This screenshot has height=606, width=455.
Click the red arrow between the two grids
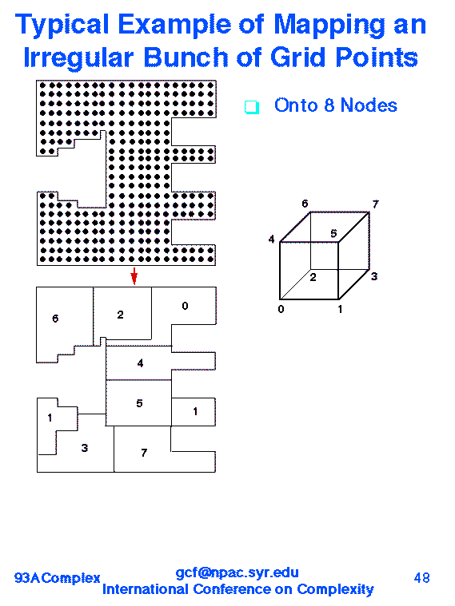[x=134, y=276]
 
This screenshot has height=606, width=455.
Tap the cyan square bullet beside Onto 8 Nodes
[x=252, y=107]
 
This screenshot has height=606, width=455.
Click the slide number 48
[x=421, y=578]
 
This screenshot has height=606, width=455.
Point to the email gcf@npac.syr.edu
[x=237, y=572]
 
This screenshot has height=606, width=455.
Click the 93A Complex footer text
[x=58, y=578]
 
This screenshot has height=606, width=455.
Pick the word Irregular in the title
[x=78, y=57]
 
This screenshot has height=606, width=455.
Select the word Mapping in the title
[x=329, y=25]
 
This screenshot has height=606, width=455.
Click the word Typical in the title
[x=62, y=25]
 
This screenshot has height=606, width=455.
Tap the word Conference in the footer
[x=231, y=589]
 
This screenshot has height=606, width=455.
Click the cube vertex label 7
[x=375, y=204]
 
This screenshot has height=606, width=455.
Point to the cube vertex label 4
[x=271, y=240]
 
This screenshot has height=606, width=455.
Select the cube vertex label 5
[x=333, y=233]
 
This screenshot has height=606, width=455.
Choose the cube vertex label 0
[x=281, y=309]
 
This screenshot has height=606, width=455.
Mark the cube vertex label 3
[x=374, y=276]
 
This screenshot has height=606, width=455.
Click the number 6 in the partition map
[x=55, y=318]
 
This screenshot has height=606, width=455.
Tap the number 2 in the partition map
[x=121, y=315]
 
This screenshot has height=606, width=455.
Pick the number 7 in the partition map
[x=144, y=452]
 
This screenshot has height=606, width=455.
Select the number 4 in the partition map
[x=140, y=363]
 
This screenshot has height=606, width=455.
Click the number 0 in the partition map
[x=185, y=306]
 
